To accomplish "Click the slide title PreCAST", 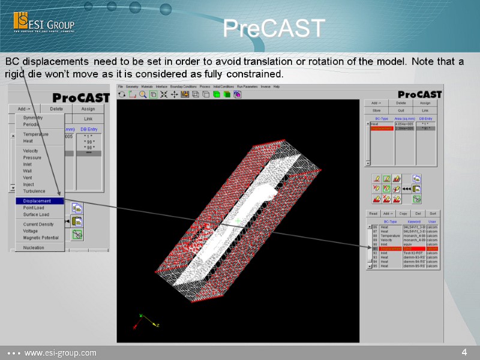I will (x=274, y=28).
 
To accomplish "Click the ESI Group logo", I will (x=44, y=24).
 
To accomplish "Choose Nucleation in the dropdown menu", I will (x=34, y=247).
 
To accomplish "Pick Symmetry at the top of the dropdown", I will (x=33, y=118).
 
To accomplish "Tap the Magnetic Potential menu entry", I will (x=41, y=238).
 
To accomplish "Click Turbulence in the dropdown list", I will (x=34, y=191).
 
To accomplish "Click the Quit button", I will (x=401, y=110).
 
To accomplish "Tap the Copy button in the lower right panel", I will (x=403, y=214).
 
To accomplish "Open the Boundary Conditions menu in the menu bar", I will (x=183, y=87).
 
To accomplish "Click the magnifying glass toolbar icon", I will (x=143, y=94).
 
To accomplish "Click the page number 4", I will (x=464, y=352).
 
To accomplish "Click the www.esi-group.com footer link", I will (x=60, y=353).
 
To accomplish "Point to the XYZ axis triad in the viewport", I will (x=143, y=322).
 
